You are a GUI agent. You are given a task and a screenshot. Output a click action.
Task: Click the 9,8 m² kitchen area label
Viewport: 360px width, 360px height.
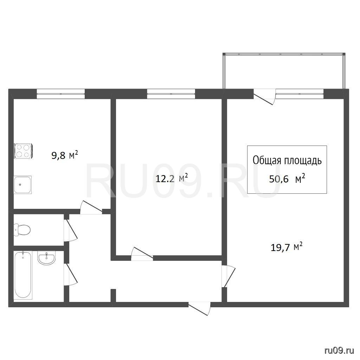point(65,155)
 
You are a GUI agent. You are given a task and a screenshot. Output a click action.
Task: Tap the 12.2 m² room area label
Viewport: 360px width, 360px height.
point(172,178)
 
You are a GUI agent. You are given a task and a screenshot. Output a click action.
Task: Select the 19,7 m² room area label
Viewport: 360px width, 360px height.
point(287,247)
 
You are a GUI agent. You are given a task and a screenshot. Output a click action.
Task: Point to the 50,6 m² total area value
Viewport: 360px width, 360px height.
point(287,178)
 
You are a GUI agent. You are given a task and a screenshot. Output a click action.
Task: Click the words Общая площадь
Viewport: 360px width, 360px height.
point(287,160)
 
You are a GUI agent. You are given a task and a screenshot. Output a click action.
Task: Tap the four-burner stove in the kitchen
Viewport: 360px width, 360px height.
point(23,151)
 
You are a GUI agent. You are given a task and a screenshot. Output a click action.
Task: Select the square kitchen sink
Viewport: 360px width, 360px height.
point(22,185)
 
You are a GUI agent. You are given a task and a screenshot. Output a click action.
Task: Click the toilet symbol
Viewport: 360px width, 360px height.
point(22,230)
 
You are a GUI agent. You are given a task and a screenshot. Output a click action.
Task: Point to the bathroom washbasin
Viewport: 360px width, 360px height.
point(47,258)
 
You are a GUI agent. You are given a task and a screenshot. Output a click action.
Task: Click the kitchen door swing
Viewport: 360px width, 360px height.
point(91,208)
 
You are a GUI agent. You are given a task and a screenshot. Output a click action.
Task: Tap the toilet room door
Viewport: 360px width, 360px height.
point(70,231)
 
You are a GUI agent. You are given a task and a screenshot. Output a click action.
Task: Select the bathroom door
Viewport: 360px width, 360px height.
point(70,275)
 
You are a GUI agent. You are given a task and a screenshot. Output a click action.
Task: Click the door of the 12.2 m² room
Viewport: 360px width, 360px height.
point(142,254)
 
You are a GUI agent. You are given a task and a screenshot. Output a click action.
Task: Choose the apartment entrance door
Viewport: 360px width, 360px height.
point(199,309)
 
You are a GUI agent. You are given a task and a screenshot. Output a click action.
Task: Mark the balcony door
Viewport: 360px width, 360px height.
point(264,97)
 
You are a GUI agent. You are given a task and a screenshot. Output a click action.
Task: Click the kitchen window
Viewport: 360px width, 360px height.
point(61,94)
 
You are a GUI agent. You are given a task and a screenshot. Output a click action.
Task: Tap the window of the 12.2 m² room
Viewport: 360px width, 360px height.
point(171,94)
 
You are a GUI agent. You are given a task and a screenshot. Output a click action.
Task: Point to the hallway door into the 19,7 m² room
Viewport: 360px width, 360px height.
point(228,276)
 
